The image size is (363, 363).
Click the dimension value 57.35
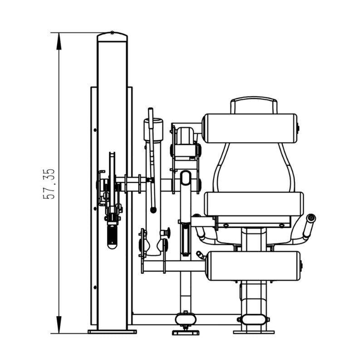click(49, 184)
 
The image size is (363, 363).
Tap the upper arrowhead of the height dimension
click(59, 41)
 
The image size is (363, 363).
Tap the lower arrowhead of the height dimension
click(59, 325)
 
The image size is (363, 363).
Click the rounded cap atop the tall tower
click(112, 37)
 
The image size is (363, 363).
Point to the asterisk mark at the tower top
click(112, 33)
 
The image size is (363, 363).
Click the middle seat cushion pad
click(254, 204)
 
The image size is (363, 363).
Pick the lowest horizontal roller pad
click(254, 266)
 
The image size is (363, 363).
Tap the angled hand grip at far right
click(309, 227)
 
